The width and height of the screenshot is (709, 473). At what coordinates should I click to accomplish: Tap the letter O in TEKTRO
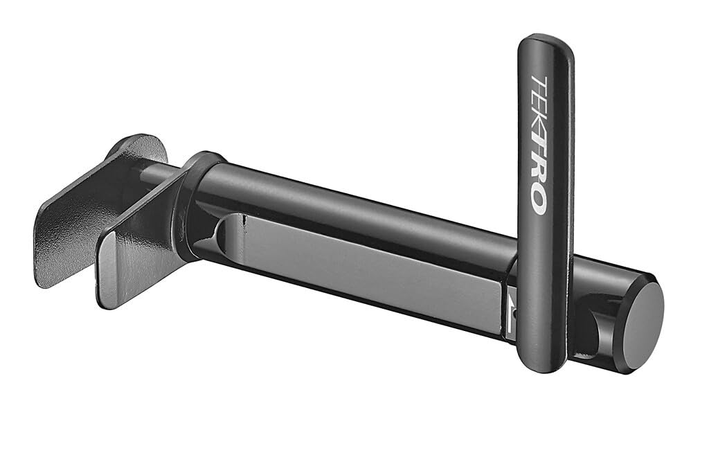pos(537,200)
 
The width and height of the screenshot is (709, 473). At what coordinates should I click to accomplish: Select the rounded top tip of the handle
pos(546,42)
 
